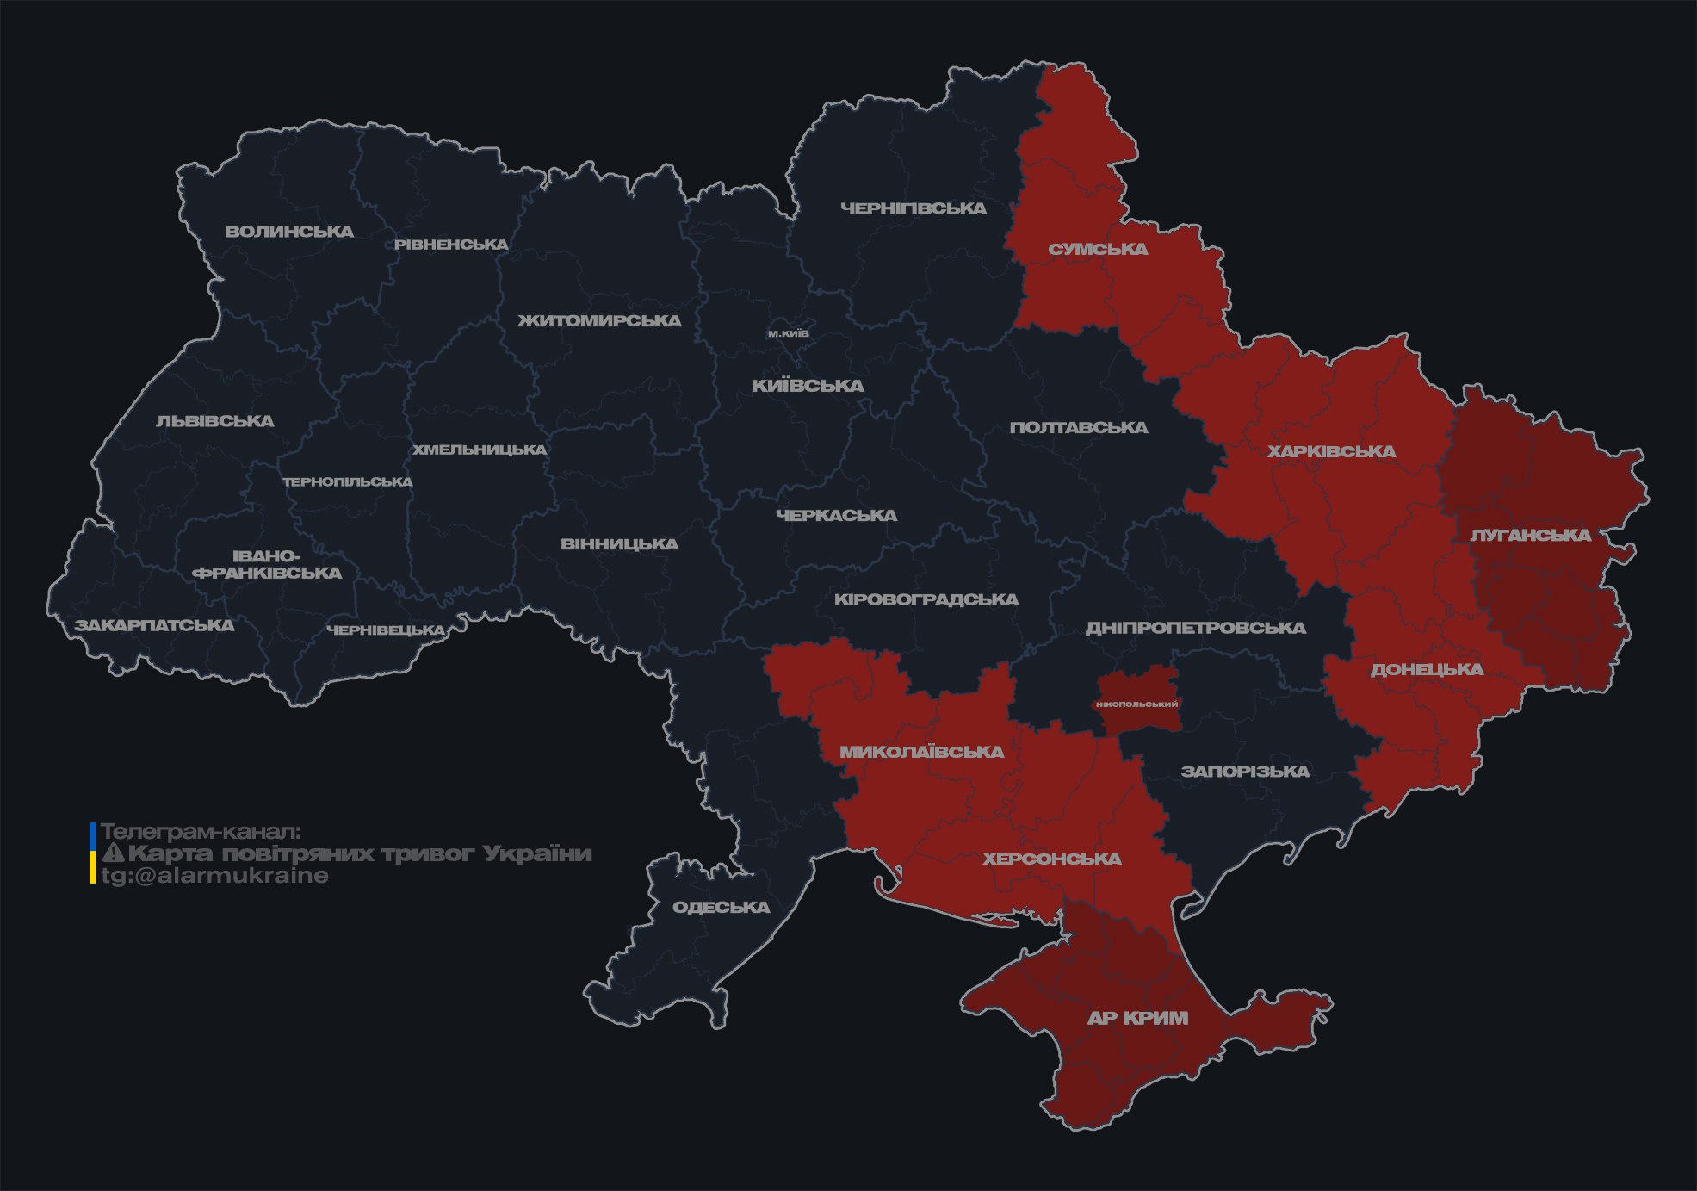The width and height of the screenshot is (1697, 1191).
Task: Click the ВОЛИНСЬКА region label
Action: pos(289,232)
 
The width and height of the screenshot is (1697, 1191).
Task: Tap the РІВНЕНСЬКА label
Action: pos(451,245)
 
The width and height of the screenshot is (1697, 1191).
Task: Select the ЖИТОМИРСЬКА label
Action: pos(599,321)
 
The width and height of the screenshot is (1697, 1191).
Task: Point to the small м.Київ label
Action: pos(788,333)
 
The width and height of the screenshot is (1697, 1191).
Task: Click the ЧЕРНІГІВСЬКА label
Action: pos(913,208)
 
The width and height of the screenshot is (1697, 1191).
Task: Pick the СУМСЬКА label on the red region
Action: pos(1098,250)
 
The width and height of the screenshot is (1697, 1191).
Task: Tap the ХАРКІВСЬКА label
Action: pos(1331,451)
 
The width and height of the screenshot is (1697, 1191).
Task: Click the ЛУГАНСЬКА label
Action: pos(1530,536)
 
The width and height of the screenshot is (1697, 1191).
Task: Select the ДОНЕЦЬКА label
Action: pos(1427,669)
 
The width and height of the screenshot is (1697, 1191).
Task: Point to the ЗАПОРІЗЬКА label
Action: pos(1245,772)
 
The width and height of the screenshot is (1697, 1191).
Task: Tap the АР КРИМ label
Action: pos(1137,1018)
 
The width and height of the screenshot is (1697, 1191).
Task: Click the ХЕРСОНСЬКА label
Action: pos(1051,859)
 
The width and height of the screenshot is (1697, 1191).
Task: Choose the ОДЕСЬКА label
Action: pos(721,907)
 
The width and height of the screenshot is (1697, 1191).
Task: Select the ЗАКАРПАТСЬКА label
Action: pos(154,625)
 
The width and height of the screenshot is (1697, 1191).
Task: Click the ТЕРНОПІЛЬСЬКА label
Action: pos(348,481)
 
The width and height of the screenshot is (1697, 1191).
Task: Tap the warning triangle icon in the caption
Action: pos(114,853)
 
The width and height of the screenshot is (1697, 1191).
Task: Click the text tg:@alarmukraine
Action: pos(215,876)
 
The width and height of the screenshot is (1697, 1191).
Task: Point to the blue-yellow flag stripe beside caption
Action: pos(93,853)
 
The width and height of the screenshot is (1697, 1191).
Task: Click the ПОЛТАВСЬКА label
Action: pos(1078,427)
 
